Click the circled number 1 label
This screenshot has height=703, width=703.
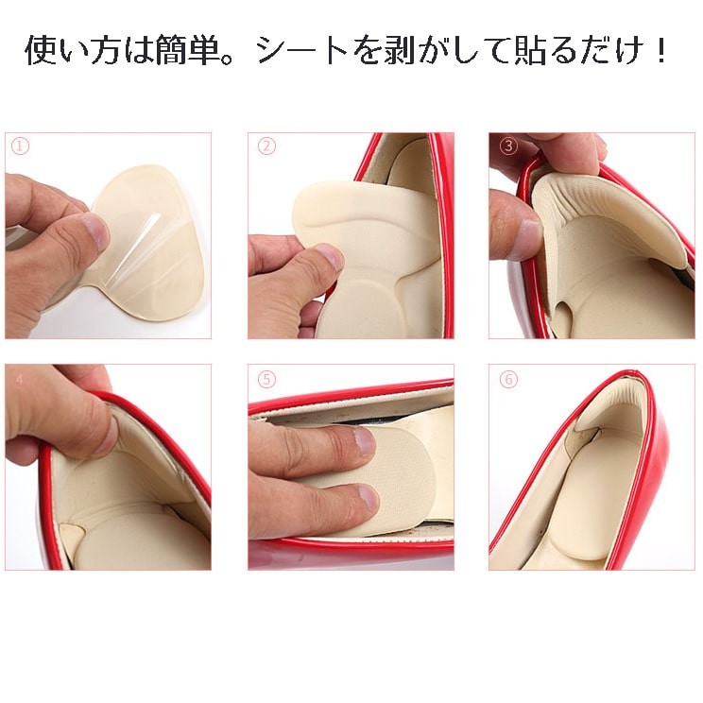20,146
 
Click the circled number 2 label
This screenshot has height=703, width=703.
266,146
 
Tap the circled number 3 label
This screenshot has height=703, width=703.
508,146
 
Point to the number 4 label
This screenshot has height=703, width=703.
19,380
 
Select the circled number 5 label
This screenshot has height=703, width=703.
266,379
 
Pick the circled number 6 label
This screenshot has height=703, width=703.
508,379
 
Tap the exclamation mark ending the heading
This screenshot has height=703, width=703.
660,51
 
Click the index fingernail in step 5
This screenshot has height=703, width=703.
364,442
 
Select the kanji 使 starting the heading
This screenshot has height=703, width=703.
41,51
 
